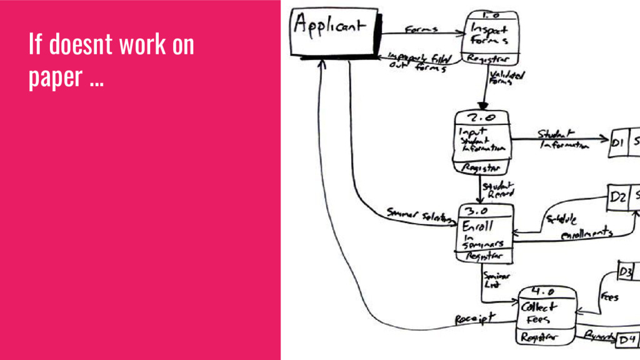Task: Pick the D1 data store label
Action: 618,142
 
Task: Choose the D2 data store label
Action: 619,197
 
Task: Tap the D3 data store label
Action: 626,272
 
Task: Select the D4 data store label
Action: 627,340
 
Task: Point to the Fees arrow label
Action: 610,297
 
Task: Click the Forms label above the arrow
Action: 422,29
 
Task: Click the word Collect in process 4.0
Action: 536,307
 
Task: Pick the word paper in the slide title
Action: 55,77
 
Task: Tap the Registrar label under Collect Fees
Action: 538,337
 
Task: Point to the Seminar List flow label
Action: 497,280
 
